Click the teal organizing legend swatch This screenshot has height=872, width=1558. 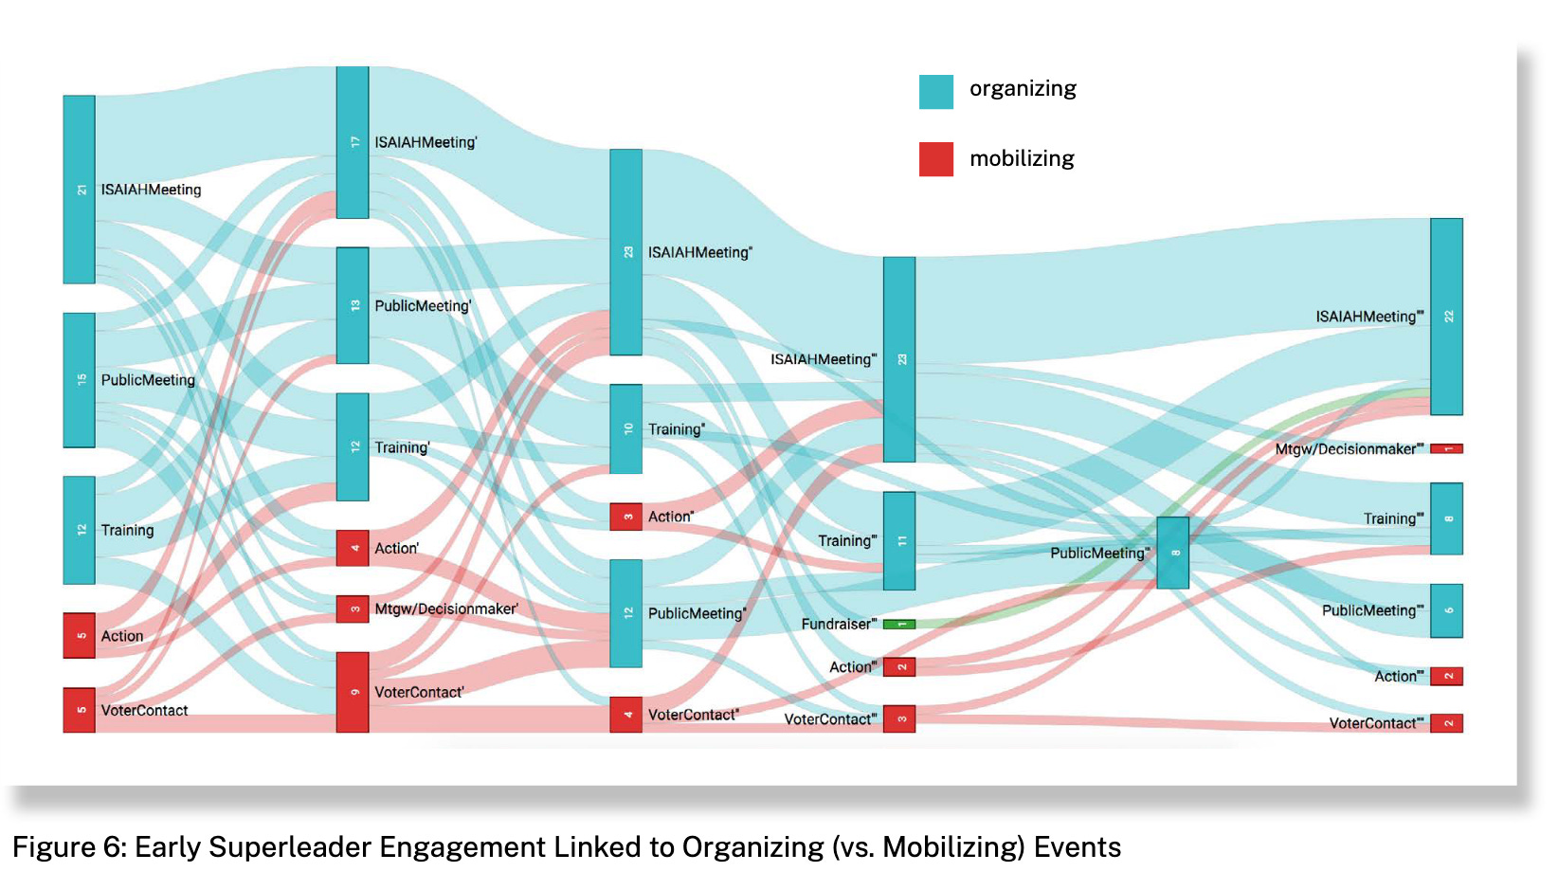coord(935,92)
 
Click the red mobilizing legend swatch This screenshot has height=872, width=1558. coord(935,159)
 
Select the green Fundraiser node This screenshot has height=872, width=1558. coord(898,624)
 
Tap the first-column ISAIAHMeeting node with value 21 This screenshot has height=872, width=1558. coord(80,190)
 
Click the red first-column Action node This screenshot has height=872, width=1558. coord(80,635)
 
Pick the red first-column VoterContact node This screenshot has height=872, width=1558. coord(80,710)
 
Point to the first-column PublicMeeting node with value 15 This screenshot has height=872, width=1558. coord(80,380)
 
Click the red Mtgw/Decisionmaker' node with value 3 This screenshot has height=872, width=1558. coord(353,609)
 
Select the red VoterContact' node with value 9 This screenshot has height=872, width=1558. coord(353,692)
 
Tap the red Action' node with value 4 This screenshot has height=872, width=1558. coord(353,548)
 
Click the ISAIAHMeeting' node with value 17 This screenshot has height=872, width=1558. coord(353,142)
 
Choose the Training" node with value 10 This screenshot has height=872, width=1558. coord(625,428)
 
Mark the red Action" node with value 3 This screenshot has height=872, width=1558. coord(625,517)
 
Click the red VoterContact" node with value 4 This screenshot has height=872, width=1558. coord(625,715)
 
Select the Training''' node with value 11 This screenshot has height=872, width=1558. coord(899,540)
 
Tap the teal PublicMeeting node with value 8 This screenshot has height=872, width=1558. coord(1172,553)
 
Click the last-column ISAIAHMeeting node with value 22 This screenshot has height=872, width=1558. coord(1446,317)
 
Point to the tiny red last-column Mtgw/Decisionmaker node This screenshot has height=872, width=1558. coord(1446,448)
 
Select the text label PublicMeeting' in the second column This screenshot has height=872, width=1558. coord(423,306)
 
